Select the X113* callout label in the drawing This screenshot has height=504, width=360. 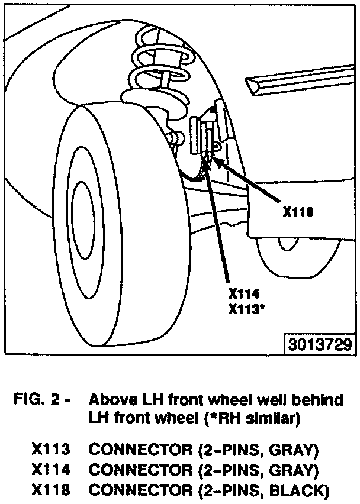pyautogui.click(x=246, y=308)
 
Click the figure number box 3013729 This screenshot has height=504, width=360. pyautogui.click(x=320, y=344)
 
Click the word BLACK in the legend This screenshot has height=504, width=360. pyautogui.click(x=301, y=490)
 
